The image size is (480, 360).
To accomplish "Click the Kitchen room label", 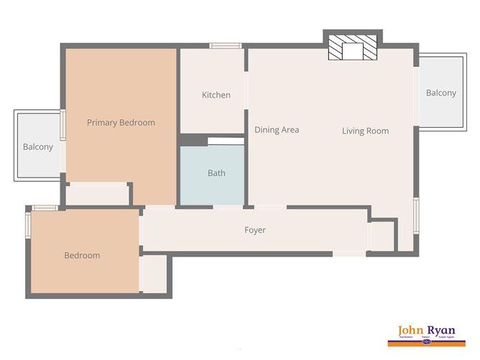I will pos(216,95).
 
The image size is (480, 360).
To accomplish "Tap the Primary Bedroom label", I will pos(121,122).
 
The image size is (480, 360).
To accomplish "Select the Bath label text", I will pos(216,173).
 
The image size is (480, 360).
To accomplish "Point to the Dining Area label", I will pos(277,130).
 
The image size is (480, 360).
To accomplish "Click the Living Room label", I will pos(365,131).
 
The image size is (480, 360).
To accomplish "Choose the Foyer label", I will pos(255,230).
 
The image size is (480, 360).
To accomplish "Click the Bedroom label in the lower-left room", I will pos(82,255).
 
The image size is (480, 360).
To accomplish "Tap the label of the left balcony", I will pos(37,147).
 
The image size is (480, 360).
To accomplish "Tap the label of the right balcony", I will pos(440,93).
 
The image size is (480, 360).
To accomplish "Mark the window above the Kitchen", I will pos(225,46).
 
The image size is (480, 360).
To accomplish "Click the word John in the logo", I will pos(413,330).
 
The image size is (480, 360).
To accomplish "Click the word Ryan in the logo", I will pos(450,330).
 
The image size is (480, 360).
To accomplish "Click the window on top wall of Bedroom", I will pos(45,208).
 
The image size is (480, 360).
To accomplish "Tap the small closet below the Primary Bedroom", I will pos(98,193).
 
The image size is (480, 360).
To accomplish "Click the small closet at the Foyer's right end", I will pos(382,236).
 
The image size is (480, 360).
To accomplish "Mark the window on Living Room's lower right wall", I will pos(416,215).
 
